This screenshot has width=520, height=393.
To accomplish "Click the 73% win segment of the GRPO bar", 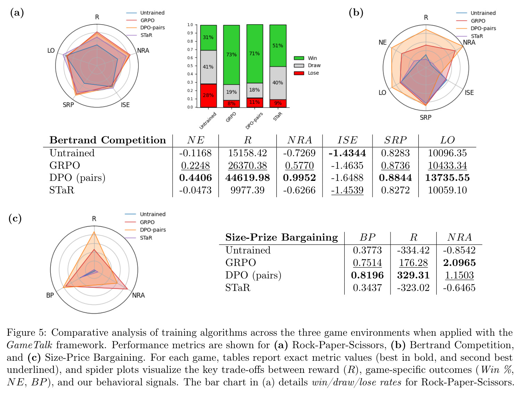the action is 231,55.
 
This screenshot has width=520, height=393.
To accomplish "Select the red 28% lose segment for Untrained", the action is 208,95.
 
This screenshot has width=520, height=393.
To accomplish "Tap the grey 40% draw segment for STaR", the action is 278,83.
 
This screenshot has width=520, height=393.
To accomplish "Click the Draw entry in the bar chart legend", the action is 307,65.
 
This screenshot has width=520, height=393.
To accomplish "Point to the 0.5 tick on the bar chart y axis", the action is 190,66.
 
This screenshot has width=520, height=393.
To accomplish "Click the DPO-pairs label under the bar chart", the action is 254,121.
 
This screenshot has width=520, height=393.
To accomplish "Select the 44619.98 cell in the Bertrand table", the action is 247,178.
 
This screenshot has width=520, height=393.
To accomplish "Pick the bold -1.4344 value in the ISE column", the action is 347,153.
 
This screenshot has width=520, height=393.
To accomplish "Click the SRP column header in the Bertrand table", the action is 395,140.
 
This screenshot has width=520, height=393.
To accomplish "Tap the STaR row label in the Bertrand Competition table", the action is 62,190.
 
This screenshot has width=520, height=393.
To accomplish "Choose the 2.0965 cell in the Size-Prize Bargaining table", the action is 459,263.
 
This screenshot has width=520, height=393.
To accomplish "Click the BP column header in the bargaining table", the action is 367,237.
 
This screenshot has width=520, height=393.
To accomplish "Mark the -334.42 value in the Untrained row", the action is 413,250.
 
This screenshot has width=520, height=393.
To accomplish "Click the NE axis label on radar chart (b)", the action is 383,42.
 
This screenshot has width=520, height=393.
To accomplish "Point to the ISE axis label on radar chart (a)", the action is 125,105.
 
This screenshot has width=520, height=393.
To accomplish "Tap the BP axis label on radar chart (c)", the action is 50,295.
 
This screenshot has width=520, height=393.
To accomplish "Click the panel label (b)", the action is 356,12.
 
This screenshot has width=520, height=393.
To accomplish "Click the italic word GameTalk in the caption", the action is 30,345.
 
